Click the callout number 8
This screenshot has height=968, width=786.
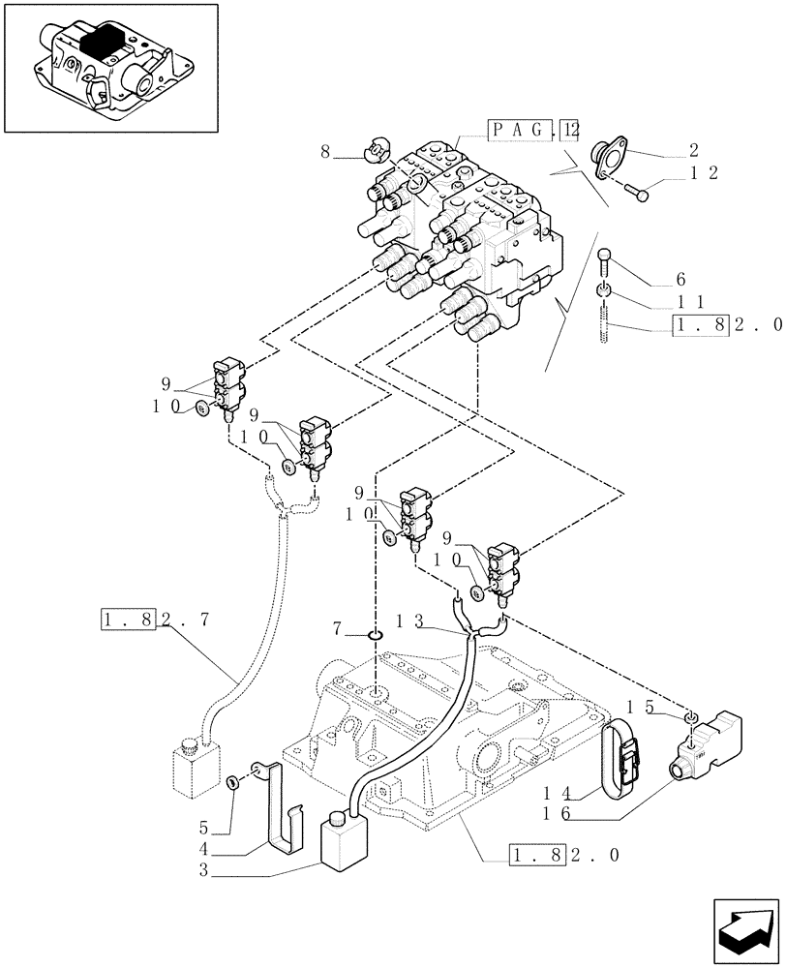pos(325,151)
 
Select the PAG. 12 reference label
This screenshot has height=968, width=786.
pos(532,129)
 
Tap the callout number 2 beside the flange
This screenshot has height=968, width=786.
pos(694,150)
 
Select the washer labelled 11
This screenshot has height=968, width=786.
pos(604,291)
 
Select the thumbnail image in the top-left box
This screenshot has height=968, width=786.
pos(110,67)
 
